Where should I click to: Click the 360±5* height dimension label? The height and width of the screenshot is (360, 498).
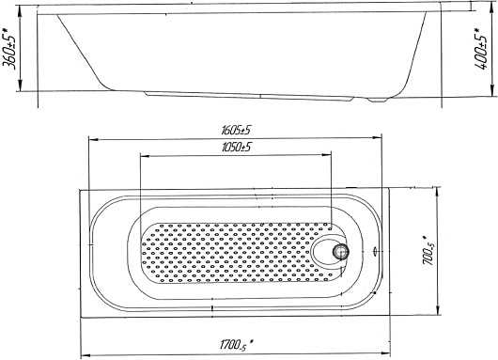coord(9,48)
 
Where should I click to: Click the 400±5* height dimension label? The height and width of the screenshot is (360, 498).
coord(481,48)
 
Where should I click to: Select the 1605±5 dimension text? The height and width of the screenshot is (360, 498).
coord(237,130)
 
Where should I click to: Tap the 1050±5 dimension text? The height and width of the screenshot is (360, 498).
coord(237,148)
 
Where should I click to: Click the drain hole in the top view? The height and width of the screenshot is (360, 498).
coord(341,252)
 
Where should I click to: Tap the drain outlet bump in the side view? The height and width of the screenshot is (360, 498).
coord(378,100)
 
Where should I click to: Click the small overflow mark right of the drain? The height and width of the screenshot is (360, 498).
coord(376,251)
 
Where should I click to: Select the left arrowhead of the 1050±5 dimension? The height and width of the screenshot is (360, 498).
coord(145,156)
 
